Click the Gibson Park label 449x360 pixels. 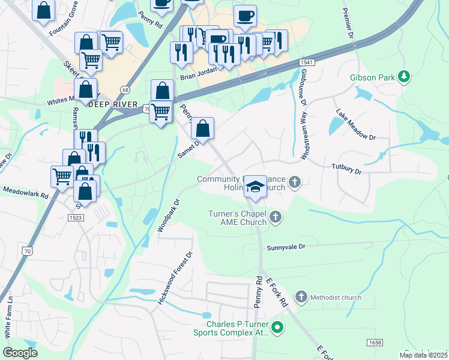click(373, 77)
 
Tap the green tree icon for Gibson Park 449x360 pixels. click(405, 76)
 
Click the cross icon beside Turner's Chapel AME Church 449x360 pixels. click(275, 217)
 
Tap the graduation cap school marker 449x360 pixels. click(256, 187)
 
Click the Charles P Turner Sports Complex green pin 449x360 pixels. click(277, 327)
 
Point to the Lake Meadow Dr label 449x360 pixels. click(355, 125)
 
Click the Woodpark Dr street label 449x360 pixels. click(169, 215)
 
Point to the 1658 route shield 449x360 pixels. click(374, 341)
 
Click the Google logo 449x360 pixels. click(20, 352)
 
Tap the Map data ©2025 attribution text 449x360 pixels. click(423, 355)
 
